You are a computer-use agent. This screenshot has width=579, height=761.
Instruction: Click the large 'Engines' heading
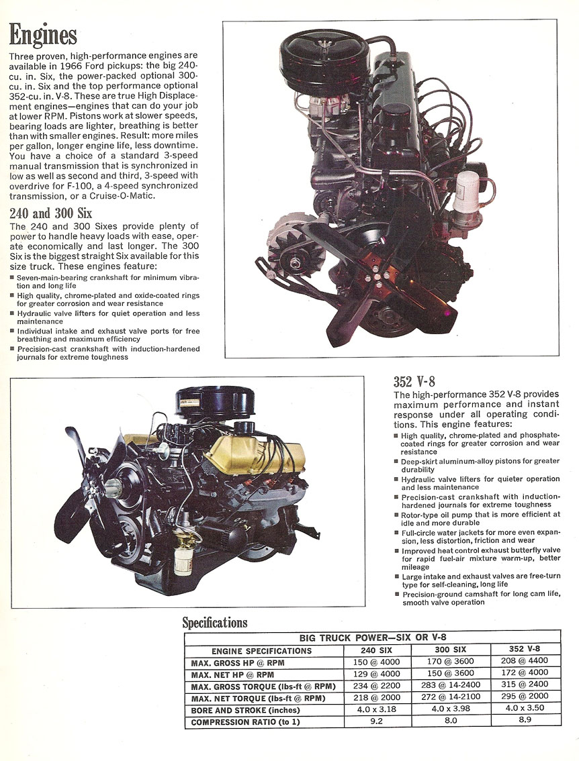point(43,34)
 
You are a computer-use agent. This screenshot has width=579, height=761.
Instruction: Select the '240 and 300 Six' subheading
point(51,214)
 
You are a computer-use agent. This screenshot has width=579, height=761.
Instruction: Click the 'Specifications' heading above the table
point(215,623)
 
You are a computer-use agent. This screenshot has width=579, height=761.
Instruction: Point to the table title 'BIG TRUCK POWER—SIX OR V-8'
point(371,638)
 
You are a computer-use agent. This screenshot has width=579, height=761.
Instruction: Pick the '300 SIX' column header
point(449,650)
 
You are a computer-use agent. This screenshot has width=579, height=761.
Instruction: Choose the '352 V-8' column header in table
point(525,650)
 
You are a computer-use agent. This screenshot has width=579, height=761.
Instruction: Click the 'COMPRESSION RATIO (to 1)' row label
point(244,723)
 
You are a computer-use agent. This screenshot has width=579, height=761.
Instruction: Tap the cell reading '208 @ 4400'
point(525,662)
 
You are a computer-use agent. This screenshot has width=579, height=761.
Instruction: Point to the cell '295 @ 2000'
point(525,699)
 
